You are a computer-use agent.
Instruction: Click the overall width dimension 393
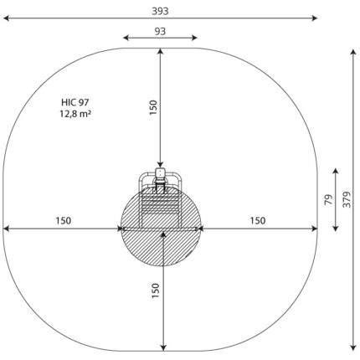(x=160, y=12)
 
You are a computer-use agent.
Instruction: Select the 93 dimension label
(x=160, y=31)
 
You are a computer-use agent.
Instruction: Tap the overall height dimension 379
(x=347, y=199)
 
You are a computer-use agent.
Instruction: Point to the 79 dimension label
(x=329, y=199)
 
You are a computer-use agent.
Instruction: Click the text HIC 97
(x=75, y=102)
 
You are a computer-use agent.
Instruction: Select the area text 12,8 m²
(x=75, y=114)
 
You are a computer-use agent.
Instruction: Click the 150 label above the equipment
(x=153, y=107)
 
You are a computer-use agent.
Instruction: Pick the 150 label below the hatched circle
(x=155, y=291)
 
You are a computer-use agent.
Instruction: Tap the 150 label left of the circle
(x=64, y=221)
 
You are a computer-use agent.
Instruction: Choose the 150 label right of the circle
(x=257, y=221)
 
